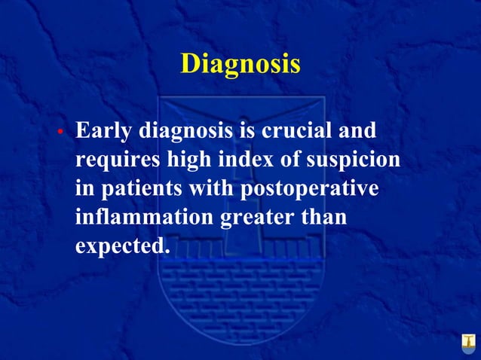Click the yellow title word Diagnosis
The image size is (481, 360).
(x=240, y=63)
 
